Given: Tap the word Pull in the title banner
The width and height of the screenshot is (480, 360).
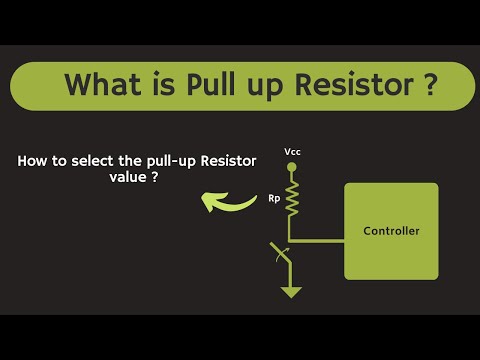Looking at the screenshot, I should coord(213,85).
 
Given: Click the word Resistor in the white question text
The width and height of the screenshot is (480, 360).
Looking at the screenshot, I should coord(228,160).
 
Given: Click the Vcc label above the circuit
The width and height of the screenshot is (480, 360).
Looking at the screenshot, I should coord(292,152).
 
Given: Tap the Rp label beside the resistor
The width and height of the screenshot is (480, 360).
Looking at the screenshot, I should coord(273,197).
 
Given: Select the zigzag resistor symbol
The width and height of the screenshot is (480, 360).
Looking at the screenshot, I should coord(292,197).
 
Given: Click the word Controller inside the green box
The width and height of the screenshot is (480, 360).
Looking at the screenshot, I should coord(391,231).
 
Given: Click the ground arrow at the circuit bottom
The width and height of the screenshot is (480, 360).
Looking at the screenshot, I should coord(292,292).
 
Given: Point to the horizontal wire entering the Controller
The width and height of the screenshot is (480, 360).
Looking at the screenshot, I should coord(318,240).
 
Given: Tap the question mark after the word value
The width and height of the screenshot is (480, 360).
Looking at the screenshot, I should coord(155,176).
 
